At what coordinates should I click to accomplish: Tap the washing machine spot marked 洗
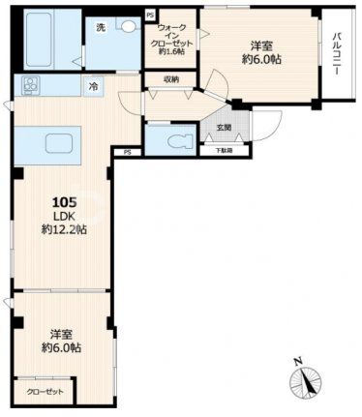pyautogui.click(x=100, y=29)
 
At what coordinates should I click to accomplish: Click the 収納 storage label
pyautogui.click(x=170, y=79)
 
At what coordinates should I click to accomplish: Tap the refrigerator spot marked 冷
pyautogui.click(x=94, y=87)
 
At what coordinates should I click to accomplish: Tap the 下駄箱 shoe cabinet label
pyautogui.click(x=223, y=151)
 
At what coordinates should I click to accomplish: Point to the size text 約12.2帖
pyautogui.click(x=63, y=230)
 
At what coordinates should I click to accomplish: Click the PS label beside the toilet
pyautogui.click(x=127, y=151)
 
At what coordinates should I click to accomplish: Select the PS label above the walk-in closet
pyautogui.click(x=148, y=14)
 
